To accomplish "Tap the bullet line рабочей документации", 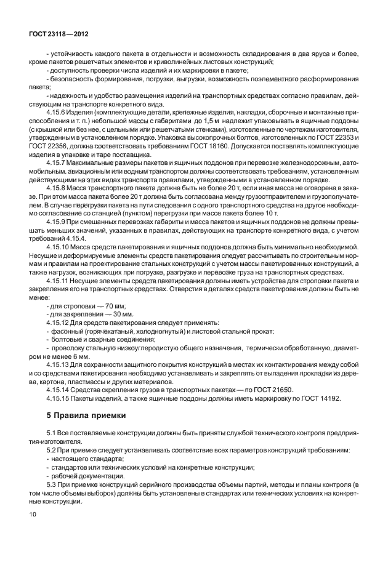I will pos(83,475).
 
